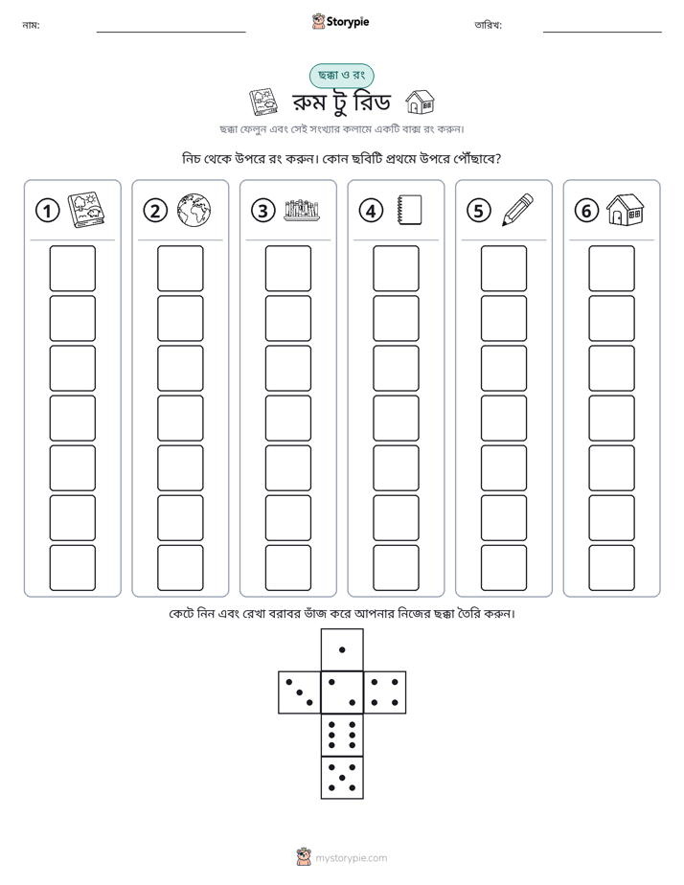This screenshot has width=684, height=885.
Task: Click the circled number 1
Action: [x=47, y=211]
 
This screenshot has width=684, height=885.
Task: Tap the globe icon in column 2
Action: [x=194, y=211]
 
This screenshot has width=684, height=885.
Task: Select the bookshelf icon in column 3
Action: [x=302, y=210]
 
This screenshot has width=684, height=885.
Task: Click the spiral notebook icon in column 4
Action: [x=409, y=210]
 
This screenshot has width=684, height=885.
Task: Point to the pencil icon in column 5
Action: [x=517, y=210]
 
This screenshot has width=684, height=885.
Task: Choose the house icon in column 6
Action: [x=626, y=210]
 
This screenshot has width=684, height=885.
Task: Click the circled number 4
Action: [x=371, y=211]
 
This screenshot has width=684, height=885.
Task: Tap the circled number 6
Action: [x=586, y=211]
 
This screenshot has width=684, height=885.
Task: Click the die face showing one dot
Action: [x=342, y=649]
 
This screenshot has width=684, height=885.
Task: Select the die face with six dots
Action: [x=342, y=735]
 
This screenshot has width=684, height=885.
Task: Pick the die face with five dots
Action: [x=342, y=778]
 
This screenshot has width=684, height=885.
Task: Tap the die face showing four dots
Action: [x=385, y=692]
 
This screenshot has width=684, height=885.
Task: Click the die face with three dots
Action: [x=300, y=692]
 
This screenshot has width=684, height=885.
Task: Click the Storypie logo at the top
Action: [x=340, y=21]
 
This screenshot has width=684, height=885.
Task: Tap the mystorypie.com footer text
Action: [x=351, y=858]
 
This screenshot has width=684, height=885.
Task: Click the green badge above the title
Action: [x=341, y=76]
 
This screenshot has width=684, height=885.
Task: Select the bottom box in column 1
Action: [x=72, y=568]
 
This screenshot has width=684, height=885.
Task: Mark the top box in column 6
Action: [x=612, y=268]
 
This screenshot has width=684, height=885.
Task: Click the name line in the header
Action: [x=171, y=32]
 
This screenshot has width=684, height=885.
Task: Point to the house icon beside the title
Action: [x=421, y=102]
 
